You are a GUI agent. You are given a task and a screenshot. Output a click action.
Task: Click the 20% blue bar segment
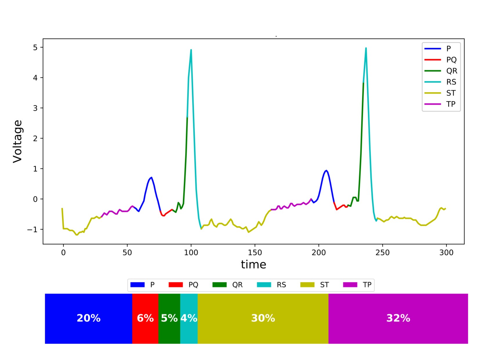88,318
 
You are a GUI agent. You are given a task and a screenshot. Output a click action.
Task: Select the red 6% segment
145,318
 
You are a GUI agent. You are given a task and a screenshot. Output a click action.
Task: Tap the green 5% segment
169,318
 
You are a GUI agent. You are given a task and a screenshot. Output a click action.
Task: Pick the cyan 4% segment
189,318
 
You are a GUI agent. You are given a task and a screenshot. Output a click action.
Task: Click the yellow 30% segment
263,318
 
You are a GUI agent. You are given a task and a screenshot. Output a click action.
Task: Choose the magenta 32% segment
398,318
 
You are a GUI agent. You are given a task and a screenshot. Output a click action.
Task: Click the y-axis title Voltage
18,141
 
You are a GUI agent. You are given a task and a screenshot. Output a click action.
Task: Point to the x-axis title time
253,264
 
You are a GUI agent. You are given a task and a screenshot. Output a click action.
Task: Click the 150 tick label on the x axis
255,253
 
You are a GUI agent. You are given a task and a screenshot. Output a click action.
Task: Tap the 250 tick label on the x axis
382,253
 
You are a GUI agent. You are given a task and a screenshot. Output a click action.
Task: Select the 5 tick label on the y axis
35,47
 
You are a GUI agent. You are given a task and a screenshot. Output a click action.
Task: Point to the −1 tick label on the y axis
33,230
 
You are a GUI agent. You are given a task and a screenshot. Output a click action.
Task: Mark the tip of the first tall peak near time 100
191,50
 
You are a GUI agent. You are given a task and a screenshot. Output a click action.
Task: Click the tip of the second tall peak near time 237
366,48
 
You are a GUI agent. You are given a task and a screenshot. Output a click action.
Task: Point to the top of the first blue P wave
151,177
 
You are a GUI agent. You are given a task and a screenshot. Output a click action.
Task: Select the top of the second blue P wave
326,170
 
